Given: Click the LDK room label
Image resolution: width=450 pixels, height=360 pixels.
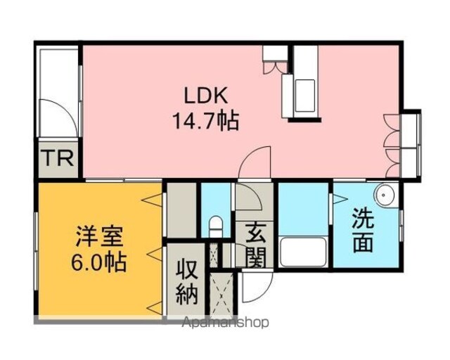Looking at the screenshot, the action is (x=206, y=96).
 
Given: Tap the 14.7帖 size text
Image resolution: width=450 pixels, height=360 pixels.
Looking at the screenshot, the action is (x=205, y=120).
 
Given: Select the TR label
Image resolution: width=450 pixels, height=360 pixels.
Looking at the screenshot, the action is (x=58, y=158).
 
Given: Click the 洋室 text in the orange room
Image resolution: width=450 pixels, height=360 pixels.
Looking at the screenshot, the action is (x=99, y=236).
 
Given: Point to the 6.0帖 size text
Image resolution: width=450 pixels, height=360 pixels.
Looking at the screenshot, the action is (x=99, y=262).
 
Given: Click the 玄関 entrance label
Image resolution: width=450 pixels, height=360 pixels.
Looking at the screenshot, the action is (x=255, y=244).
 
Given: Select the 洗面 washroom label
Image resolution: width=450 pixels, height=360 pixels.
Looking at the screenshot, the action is (x=363, y=229).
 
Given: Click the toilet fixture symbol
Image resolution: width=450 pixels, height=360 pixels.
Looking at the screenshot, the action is (x=216, y=227).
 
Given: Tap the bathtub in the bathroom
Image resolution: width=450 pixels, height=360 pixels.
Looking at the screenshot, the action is (x=303, y=252).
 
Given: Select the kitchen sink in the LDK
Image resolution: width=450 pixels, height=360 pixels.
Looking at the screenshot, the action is (x=304, y=96).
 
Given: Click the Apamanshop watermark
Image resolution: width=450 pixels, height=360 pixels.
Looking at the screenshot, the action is (x=226, y=323).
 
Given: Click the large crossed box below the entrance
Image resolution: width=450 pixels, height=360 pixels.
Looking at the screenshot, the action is (x=221, y=295).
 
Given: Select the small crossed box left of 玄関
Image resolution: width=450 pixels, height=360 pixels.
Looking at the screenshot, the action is (x=214, y=255).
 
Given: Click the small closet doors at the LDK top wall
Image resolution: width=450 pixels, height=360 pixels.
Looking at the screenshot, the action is (x=275, y=67).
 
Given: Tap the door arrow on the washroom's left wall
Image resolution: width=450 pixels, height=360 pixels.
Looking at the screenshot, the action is (x=339, y=199).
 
